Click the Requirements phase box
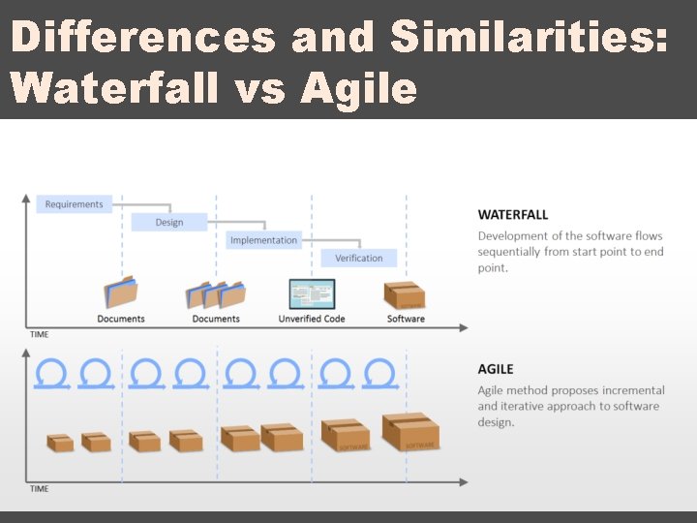pos(75,204)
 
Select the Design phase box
pos(169,223)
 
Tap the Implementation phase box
pos(263,240)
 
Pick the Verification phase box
pos(358,259)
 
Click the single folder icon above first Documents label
pos(121,292)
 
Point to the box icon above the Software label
pos(405,294)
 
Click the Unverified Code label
pos(312,319)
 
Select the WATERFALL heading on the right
pos(513,215)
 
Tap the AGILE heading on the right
pos(496,369)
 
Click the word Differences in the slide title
pos(143,38)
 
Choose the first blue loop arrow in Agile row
pos(50,373)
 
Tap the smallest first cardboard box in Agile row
pos(60,442)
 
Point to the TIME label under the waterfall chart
pos(39,334)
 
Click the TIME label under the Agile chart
pos(39,488)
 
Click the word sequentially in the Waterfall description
pos(513,252)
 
